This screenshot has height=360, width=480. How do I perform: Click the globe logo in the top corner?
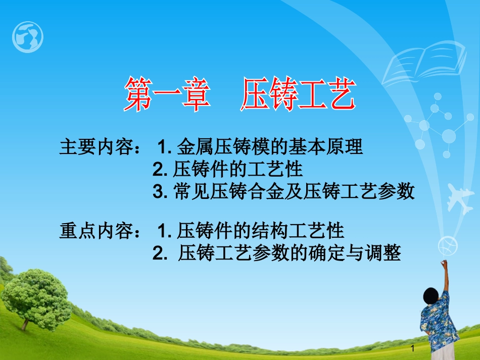(x=28, y=37)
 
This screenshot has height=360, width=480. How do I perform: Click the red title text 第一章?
(x=167, y=93)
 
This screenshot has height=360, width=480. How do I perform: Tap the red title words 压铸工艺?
(x=298, y=93)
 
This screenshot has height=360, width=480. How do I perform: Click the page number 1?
(x=413, y=348)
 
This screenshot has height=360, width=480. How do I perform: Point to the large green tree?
(x=36, y=298)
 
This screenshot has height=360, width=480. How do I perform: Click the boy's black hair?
(x=431, y=296)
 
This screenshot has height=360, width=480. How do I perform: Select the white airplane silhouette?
(x=460, y=198)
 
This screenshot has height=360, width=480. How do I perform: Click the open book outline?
(x=424, y=63)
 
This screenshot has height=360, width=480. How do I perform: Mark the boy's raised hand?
(x=444, y=263)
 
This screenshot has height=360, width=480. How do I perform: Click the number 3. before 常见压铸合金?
(x=160, y=192)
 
